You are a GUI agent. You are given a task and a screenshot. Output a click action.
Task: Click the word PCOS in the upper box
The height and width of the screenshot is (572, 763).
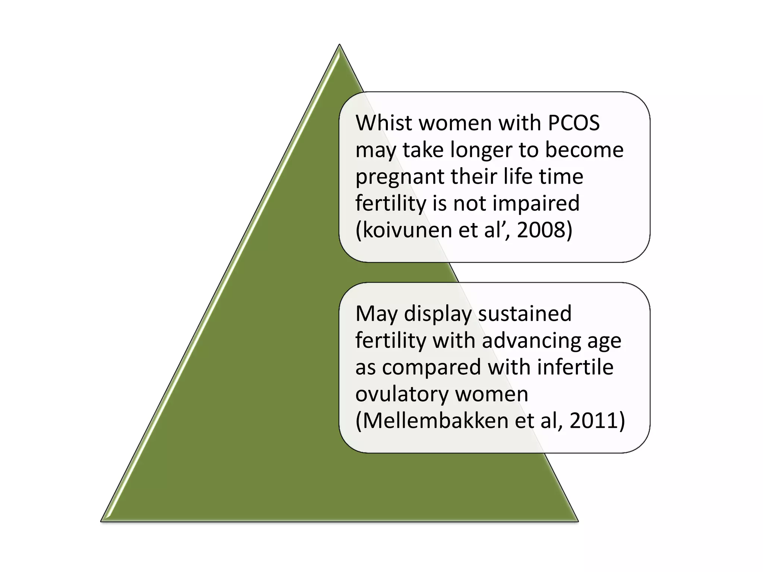pyautogui.click(x=574, y=123)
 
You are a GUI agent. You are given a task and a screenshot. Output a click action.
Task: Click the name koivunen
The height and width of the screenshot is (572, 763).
pyautogui.click(x=407, y=230)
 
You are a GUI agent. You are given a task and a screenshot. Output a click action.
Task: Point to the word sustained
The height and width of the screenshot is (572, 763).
pyautogui.click(x=525, y=314)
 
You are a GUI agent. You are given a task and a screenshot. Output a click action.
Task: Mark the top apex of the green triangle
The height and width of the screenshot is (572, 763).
pyautogui.click(x=339, y=45)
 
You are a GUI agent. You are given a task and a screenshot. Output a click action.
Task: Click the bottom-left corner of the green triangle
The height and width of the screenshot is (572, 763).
pyautogui.click(x=102, y=520)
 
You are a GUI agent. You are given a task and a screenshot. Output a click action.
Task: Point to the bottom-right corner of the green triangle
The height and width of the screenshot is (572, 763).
pyautogui.click(x=577, y=520)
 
